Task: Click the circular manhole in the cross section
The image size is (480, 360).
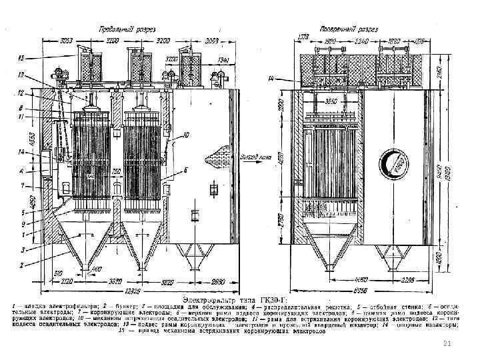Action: [393, 164]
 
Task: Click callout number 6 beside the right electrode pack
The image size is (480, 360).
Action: [184, 171]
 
